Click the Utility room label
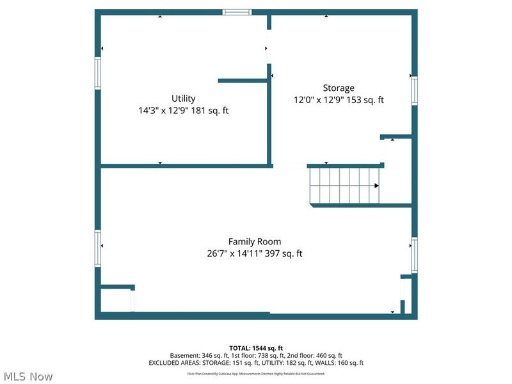[x=183, y=99]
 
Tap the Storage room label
[x=338, y=88]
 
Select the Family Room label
[x=255, y=242]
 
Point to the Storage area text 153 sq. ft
[x=367, y=100]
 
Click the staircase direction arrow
[x=376, y=186]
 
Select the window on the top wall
[x=237, y=12]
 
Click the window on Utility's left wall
[x=98, y=72]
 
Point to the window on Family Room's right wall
[x=414, y=252]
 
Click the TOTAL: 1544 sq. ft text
[x=256, y=348]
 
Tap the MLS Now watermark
[x=27, y=376]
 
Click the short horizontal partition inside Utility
[x=242, y=81]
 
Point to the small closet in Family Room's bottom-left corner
[x=116, y=300]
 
